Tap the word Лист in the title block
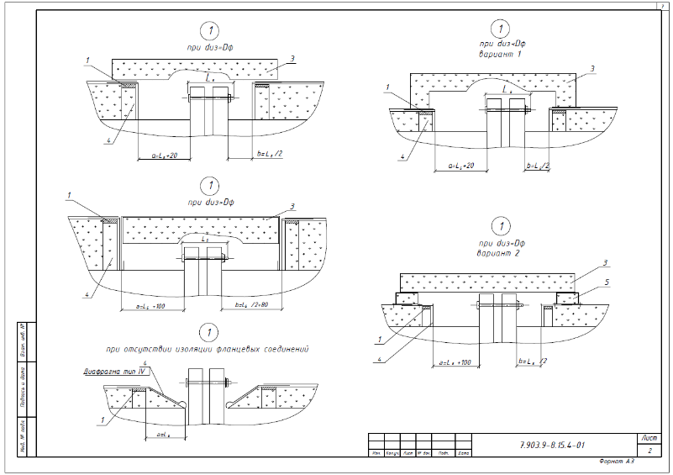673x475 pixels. click(649, 438)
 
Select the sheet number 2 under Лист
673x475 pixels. click(649, 451)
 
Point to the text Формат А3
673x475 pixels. click(618, 463)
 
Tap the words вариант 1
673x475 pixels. click(501, 54)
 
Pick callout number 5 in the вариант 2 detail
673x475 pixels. click(608, 282)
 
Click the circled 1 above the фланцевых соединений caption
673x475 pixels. click(211, 331)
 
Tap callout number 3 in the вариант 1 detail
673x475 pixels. click(592, 68)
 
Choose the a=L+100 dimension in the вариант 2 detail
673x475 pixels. click(454, 362)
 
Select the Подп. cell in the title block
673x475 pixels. click(443, 454)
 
